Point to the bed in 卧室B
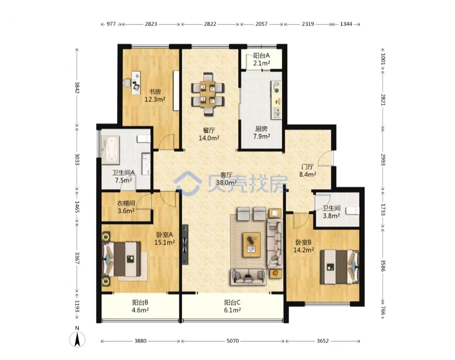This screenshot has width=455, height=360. (x=340, y=266)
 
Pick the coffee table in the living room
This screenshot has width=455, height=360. (x=252, y=245)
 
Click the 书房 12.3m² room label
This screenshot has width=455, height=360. (x=155, y=96)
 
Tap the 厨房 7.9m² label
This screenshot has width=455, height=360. (x=262, y=132)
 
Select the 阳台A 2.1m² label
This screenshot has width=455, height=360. (x=262, y=59)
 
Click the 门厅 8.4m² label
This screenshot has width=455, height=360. (x=308, y=171)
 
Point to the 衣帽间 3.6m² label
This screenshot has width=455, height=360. (x=126, y=207)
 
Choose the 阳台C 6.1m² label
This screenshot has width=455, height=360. (x=233, y=306)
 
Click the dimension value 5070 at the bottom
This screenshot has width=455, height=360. (x=233, y=341)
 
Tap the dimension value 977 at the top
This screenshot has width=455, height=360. (x=111, y=24)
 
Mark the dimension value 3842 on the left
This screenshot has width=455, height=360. (x=77, y=87)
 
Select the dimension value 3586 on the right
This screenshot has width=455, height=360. (x=383, y=265)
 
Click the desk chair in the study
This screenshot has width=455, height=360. (x=126, y=83)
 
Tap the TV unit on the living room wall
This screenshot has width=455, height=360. (x=185, y=244)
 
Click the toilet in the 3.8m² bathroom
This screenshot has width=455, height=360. (x=353, y=210)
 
